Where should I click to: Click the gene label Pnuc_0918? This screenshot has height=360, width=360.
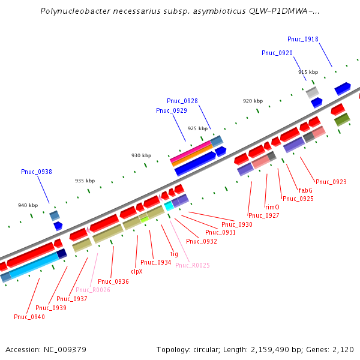pyautogui.click(x=302, y=39)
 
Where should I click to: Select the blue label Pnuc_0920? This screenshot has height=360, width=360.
pyautogui.click(x=277, y=53)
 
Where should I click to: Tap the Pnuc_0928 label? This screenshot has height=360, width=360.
pyautogui.click(x=182, y=101)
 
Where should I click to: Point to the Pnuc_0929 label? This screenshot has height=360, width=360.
pyautogui.click(x=171, y=110)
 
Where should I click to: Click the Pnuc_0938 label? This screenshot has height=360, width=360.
pyautogui.click(x=36, y=172)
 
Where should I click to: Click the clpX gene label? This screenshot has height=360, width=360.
pyautogui.click(x=136, y=271)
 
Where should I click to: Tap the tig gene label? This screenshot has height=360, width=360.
pyautogui.click(x=174, y=254)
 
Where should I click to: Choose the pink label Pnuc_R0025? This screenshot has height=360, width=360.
pyautogui.click(x=192, y=265)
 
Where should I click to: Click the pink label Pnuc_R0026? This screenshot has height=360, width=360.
pyautogui.click(x=92, y=290)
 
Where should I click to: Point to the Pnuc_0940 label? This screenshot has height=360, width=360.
pyautogui.click(x=29, y=316)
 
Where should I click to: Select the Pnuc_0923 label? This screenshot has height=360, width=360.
pyautogui.click(x=331, y=181)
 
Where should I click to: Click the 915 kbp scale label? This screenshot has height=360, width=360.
pyautogui.click(x=308, y=72)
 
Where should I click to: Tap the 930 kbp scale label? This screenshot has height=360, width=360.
pyautogui.click(x=141, y=155)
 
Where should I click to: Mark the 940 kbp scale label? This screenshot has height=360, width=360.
pyautogui.click(x=28, y=205)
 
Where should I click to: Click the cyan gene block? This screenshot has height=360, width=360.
pyautogui.click(x=169, y=206)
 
